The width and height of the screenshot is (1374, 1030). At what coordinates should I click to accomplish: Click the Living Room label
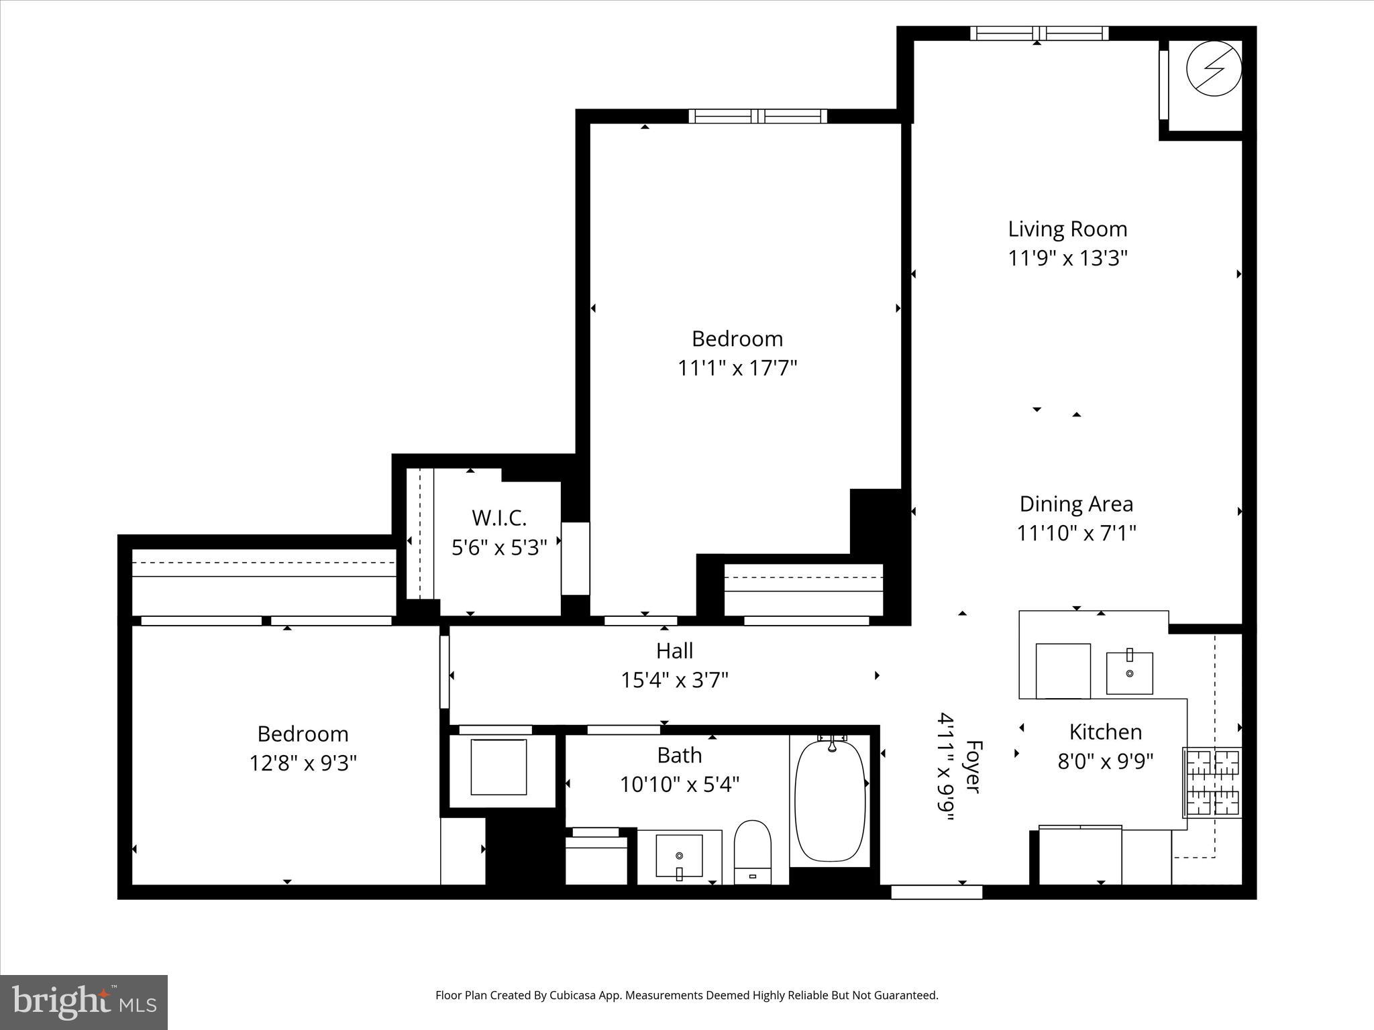tap(1067, 229)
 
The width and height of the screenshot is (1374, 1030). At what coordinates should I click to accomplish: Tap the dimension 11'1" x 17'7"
tap(737, 368)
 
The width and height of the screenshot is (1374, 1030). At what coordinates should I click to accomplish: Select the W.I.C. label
tap(498, 518)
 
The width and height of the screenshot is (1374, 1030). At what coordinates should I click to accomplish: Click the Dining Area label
tap(1076, 504)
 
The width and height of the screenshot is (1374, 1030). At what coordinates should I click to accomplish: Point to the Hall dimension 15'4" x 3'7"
tap(674, 680)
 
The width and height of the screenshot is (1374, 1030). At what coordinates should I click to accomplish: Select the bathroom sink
tap(679, 856)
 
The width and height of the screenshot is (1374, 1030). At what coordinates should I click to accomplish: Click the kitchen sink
tap(1129, 673)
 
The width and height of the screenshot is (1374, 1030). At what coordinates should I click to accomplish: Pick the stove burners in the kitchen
tap(1213, 783)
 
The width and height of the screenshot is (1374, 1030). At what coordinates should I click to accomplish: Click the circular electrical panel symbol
tap(1214, 68)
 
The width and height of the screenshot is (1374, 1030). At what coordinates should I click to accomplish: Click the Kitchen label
tap(1105, 732)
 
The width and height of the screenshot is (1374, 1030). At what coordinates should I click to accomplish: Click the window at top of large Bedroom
tap(758, 116)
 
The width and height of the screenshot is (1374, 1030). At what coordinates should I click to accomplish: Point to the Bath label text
tap(679, 755)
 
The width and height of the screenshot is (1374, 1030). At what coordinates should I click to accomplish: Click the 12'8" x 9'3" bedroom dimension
tap(303, 763)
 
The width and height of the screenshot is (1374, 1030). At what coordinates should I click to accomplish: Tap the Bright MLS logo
tap(84, 1002)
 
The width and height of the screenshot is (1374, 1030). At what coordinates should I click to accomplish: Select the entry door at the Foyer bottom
tap(937, 892)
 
